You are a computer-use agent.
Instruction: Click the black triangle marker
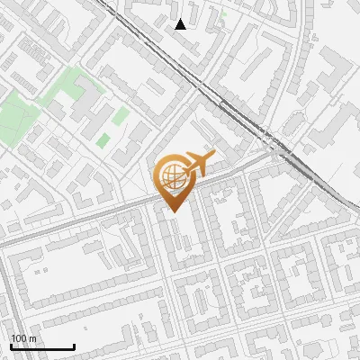181,24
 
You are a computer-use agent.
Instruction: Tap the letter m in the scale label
32,338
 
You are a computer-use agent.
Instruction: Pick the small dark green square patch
103,140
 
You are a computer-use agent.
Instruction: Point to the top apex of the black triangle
181,19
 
